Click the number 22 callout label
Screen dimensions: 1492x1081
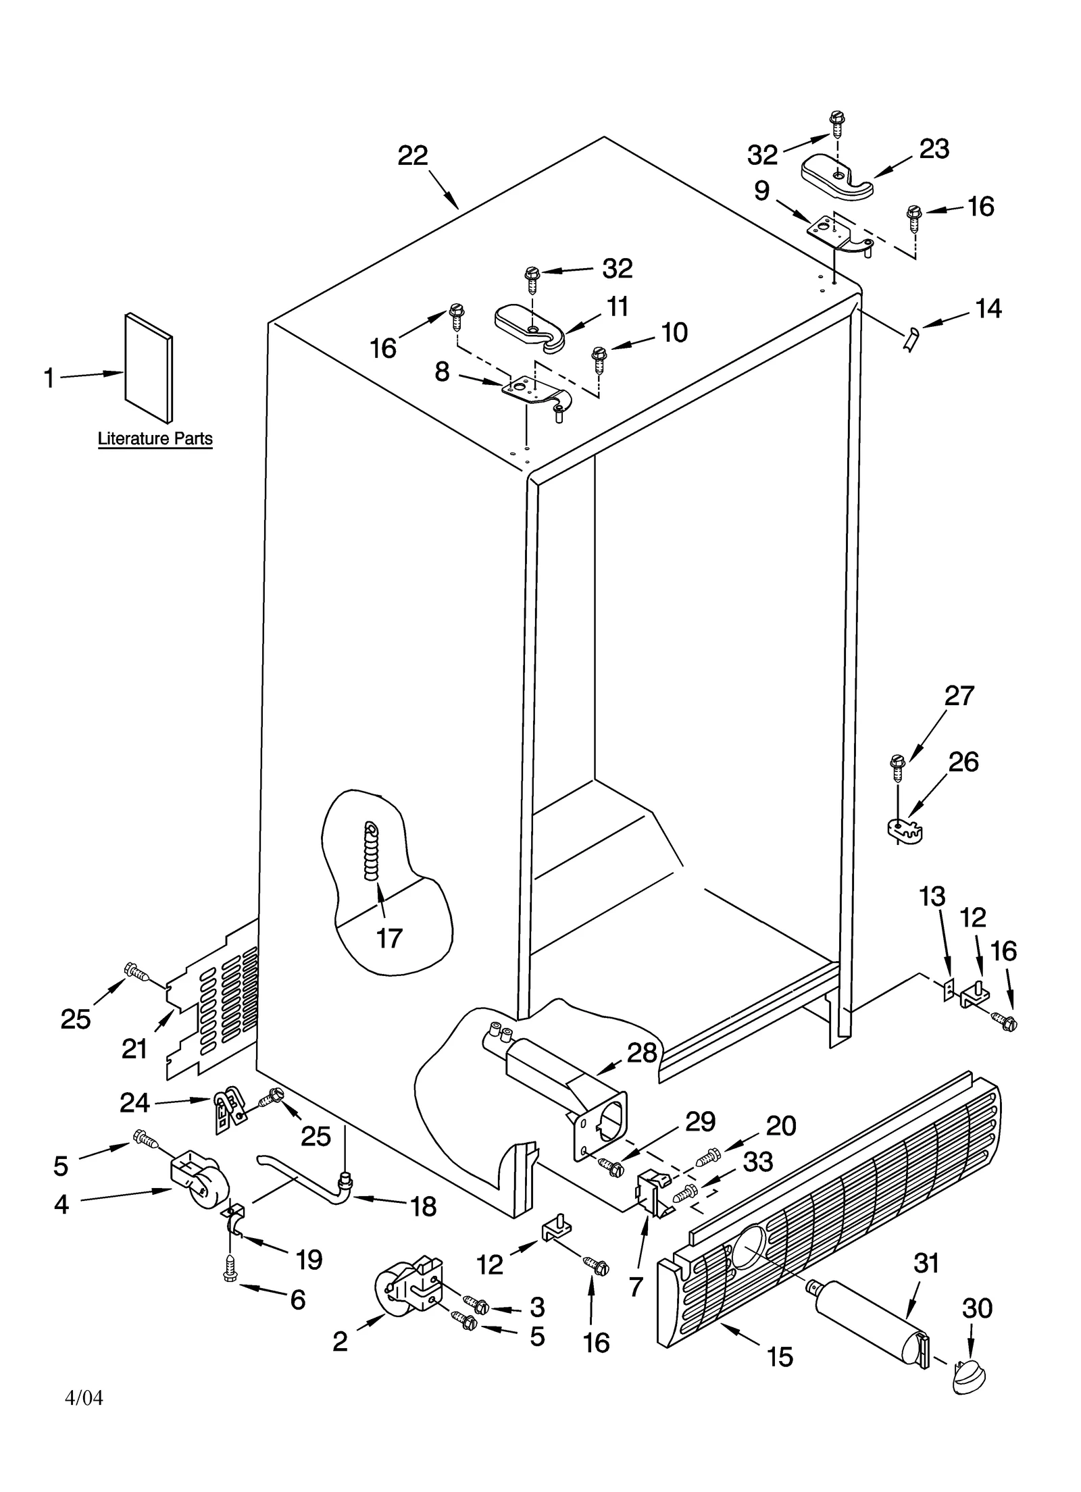tap(412, 156)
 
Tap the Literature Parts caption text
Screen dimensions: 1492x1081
tap(155, 438)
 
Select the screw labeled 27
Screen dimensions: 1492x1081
tap(897, 765)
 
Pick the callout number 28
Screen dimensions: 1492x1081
tap(641, 1052)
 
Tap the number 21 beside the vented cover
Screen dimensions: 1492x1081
tap(134, 1049)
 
